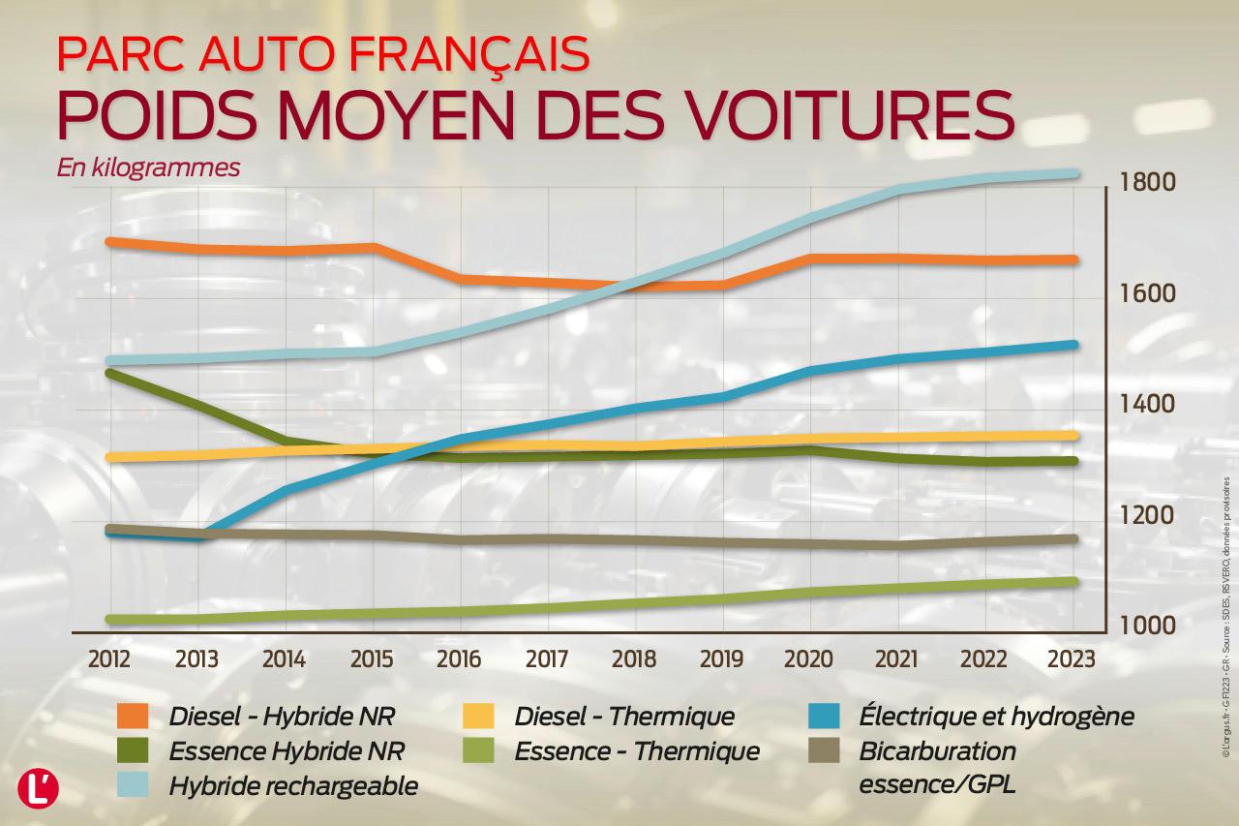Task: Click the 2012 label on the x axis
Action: (108, 659)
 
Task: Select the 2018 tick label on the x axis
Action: (634, 659)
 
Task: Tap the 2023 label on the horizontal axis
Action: (1072, 659)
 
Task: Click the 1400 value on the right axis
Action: (1147, 405)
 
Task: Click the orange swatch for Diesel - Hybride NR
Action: (133, 717)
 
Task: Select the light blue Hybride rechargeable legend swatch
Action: (133, 784)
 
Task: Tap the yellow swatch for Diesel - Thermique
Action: (479, 717)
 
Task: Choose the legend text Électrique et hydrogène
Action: (996, 718)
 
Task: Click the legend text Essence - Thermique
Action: (637, 751)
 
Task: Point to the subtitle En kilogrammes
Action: (148, 168)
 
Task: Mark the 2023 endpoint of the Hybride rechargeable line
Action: (1073, 174)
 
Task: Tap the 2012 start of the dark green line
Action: (109, 373)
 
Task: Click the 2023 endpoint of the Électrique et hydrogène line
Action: (1073, 345)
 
